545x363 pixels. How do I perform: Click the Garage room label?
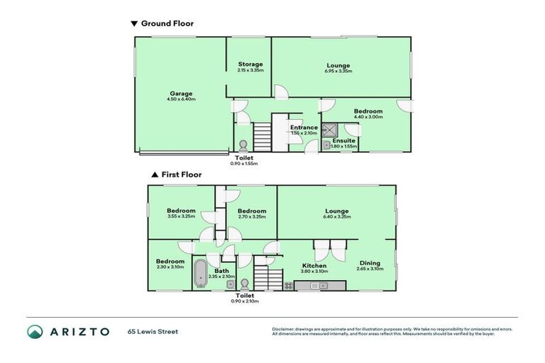181,94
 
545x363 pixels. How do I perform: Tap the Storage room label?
250,64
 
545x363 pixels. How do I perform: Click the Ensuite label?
343,140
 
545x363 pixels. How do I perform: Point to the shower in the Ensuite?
330,130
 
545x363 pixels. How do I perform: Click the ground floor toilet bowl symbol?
243,141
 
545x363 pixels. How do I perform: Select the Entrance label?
304,128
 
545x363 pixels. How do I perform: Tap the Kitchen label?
313,266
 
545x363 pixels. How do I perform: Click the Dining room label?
370,263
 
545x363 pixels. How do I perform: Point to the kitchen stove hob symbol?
289,286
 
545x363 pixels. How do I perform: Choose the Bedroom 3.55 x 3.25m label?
181,211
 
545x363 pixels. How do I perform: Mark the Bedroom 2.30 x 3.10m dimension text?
170,267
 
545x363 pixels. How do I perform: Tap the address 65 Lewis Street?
153,331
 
